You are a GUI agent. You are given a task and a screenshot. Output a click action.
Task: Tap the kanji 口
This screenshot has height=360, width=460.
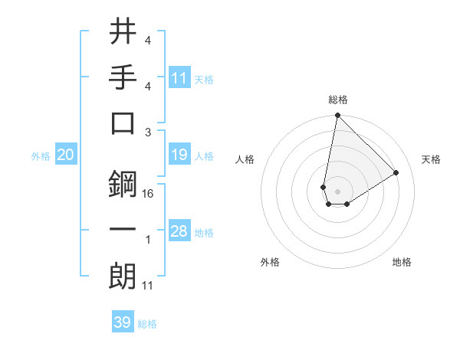(x=123, y=123)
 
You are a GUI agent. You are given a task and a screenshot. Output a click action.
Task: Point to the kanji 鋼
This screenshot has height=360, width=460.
(x=123, y=184)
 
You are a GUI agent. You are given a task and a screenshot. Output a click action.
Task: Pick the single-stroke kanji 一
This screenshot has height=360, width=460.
(x=123, y=231)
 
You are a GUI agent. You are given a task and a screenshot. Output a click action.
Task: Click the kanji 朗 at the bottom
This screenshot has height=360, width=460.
(x=123, y=276)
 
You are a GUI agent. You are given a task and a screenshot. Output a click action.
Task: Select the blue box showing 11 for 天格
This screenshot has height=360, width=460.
(x=179, y=78)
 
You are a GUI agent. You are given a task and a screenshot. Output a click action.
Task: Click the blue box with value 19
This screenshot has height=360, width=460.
(x=179, y=155)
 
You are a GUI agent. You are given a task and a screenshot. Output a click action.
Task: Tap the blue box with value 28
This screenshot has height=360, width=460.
(x=179, y=231)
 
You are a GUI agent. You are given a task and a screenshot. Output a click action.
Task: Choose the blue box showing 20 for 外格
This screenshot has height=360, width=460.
(x=65, y=155)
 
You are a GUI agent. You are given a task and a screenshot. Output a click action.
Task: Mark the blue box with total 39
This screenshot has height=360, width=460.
(x=123, y=322)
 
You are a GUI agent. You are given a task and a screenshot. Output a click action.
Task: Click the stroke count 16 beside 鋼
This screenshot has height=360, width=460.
(x=149, y=194)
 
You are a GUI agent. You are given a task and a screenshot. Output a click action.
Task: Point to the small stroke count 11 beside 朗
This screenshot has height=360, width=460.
(x=149, y=286)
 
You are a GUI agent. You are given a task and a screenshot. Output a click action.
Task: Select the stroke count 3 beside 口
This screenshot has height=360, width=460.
(x=148, y=133)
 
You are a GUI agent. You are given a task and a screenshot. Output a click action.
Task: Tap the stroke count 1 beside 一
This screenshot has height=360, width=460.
(x=148, y=241)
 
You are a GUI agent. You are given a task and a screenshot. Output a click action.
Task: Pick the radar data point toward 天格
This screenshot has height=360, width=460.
(x=396, y=173)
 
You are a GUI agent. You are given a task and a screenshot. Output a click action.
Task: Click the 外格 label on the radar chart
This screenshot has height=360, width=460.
(x=270, y=262)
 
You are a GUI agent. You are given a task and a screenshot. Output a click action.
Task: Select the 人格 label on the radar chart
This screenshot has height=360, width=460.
(x=245, y=159)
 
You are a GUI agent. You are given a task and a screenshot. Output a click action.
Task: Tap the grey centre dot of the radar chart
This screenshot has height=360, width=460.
(x=337, y=190)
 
